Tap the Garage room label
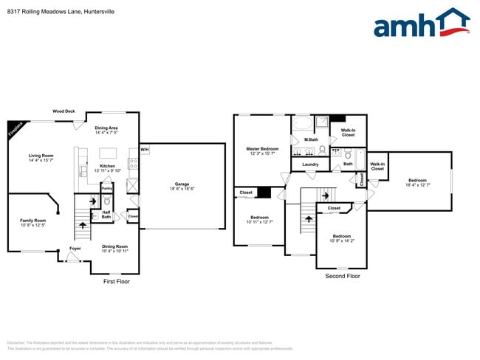(x=182, y=184)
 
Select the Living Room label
(x=41, y=156)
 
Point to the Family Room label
(x=32, y=221)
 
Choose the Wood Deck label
(x=64, y=111)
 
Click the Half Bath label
(x=106, y=215)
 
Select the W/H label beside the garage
(x=145, y=150)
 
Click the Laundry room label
(x=310, y=165)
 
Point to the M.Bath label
(x=311, y=139)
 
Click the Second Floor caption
(x=343, y=276)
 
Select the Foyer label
(x=75, y=249)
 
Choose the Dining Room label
(x=114, y=246)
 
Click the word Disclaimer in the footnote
(x=16, y=343)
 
